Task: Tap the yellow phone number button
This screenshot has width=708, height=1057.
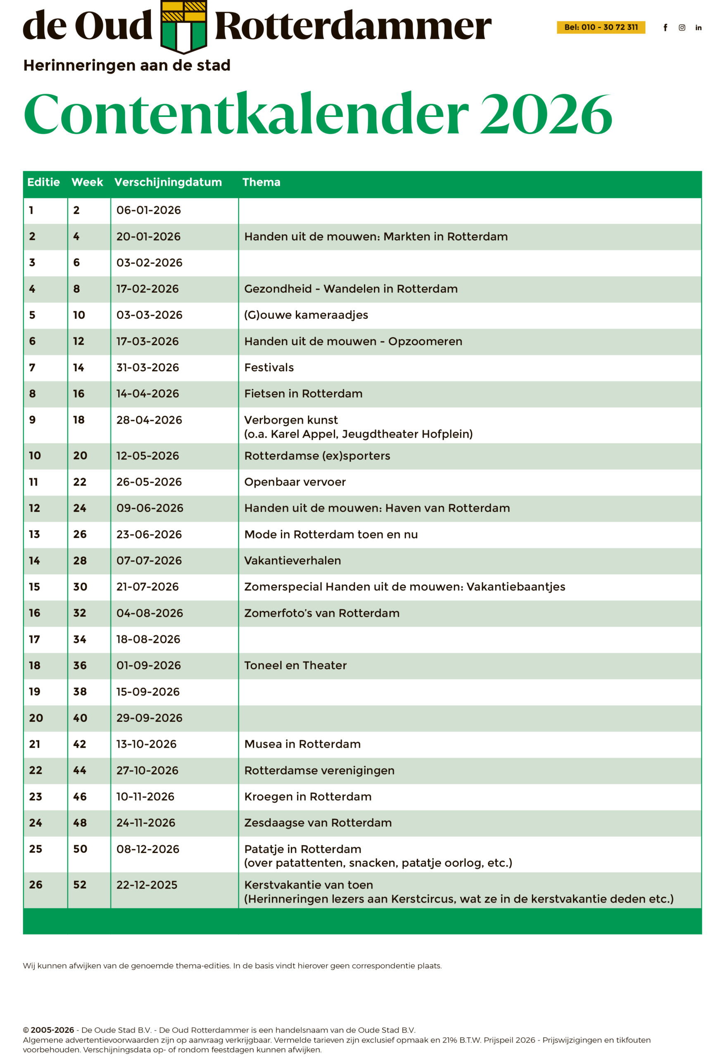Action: tap(601, 28)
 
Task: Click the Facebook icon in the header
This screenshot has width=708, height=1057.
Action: tap(665, 28)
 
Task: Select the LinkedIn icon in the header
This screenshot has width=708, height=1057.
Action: tap(698, 28)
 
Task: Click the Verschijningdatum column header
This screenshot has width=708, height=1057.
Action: tap(168, 182)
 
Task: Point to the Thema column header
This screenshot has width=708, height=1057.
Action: tap(261, 182)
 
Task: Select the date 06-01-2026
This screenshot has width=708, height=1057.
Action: tap(149, 210)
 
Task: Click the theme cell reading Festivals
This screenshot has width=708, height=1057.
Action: tap(268, 367)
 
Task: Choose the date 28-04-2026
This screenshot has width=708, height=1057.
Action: tap(149, 420)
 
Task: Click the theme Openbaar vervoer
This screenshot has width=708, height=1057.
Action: tap(295, 482)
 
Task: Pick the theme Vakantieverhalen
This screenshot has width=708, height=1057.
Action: tap(292, 561)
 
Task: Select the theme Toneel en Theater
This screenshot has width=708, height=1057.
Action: tap(295, 665)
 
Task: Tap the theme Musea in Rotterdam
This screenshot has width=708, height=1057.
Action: tap(302, 744)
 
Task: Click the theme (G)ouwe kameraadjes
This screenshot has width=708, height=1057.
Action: tap(306, 315)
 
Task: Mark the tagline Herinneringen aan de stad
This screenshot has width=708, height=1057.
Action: tap(126, 65)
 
